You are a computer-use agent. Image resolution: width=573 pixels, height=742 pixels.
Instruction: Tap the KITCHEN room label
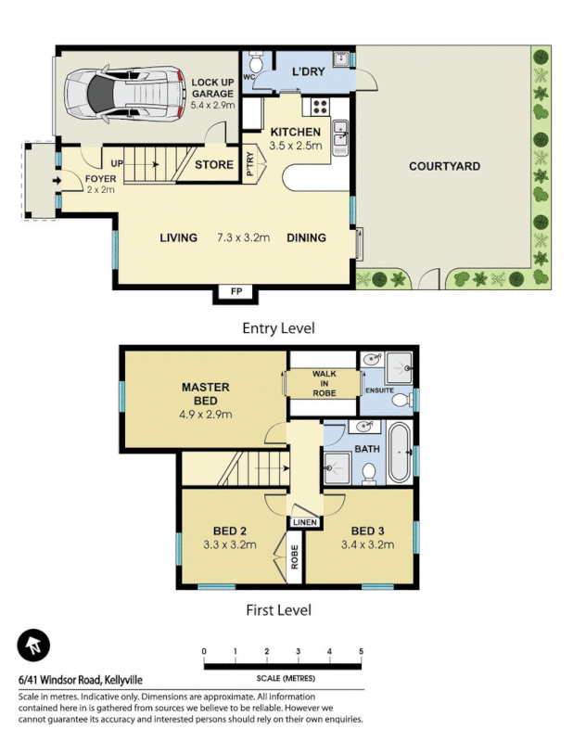[296, 133]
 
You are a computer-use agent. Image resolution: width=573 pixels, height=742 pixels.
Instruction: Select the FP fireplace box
[236, 292]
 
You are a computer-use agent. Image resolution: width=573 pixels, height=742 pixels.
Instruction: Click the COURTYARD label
[444, 167]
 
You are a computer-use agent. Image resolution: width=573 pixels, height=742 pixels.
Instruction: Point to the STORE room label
[214, 166]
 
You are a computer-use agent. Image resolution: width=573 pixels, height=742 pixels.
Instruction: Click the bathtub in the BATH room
[400, 454]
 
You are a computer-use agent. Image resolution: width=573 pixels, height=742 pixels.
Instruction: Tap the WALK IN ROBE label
[323, 383]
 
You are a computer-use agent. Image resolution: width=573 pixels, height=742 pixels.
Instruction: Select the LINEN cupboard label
[304, 523]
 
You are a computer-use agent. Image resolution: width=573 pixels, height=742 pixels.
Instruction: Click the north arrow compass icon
[33, 646]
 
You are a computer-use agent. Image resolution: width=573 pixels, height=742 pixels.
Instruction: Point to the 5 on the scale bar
[361, 652]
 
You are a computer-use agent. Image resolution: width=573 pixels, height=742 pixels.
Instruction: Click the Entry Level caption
[278, 328]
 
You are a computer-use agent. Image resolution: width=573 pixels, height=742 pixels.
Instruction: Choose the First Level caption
[278, 609]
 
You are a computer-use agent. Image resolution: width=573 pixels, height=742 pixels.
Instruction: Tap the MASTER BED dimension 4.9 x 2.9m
[206, 414]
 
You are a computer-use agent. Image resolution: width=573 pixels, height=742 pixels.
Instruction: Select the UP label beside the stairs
[117, 163]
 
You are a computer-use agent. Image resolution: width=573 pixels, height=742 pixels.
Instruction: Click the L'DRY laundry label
[307, 71]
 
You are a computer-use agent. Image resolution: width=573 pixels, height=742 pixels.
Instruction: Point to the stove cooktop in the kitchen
[320, 106]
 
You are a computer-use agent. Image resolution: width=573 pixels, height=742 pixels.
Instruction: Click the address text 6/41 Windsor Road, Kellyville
[81, 680]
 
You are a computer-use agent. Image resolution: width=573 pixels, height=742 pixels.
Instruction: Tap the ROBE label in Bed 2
[294, 559]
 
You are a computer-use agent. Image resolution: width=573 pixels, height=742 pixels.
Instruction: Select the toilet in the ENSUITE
[401, 400]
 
